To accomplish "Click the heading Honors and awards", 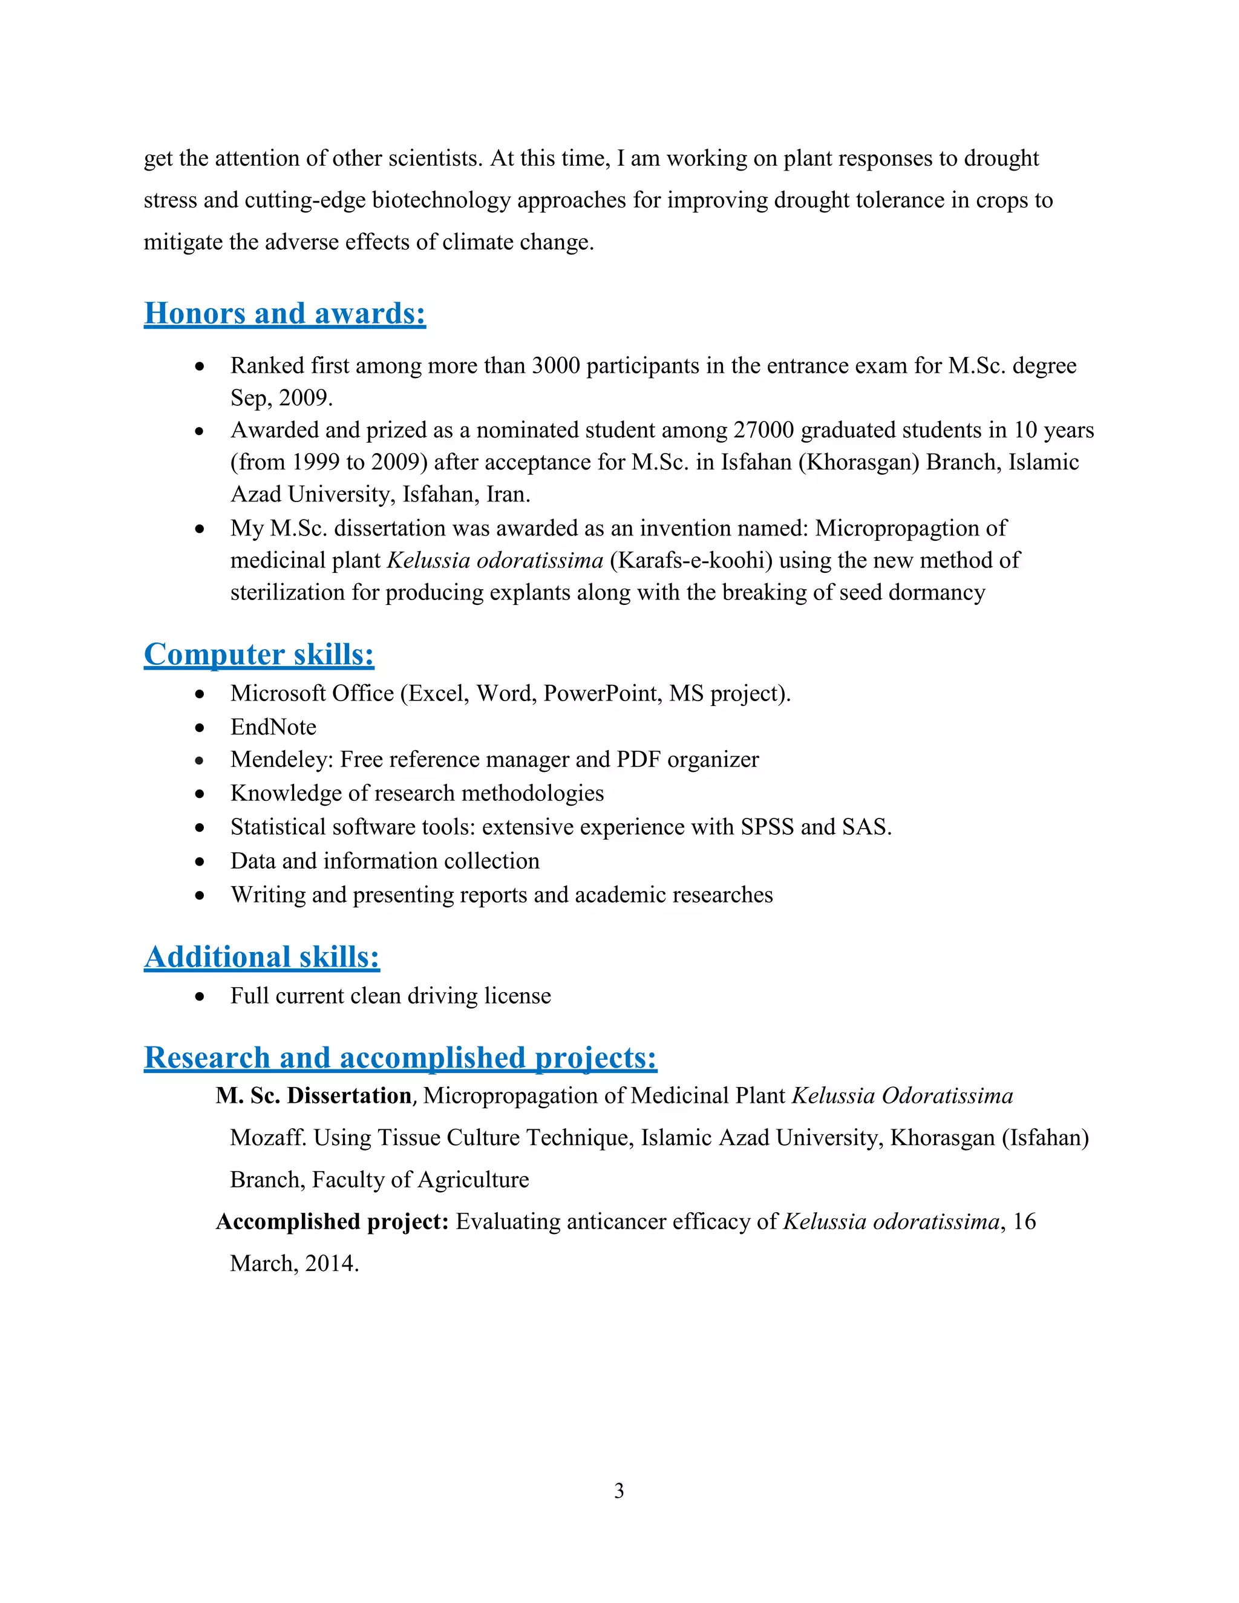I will [x=284, y=313].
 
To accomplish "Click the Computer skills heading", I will [x=258, y=654].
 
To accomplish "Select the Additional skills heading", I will [x=261, y=957].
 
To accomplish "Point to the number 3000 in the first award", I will [x=555, y=365].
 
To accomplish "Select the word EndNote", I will [x=273, y=727].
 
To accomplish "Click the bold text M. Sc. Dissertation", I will [x=313, y=1096].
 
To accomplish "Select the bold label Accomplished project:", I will [x=332, y=1221].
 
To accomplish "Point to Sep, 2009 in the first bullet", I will [x=281, y=399].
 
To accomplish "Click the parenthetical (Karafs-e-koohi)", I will [x=691, y=561].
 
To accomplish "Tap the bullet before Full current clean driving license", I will [x=200, y=997].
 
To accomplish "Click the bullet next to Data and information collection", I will [x=200, y=861].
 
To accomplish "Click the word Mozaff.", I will [x=268, y=1138].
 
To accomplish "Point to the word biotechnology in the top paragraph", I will [x=440, y=200].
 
